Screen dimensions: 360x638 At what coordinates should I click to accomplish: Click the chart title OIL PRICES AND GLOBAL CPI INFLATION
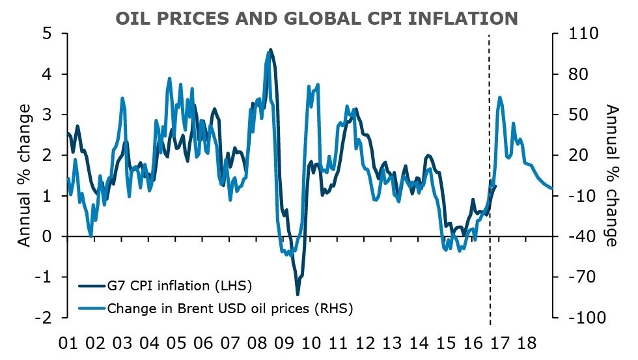pyautogui.click(x=316, y=18)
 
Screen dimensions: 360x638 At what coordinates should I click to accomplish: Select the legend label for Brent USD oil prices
pyautogui.click(x=230, y=308)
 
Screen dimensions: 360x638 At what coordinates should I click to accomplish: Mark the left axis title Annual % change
pyautogui.click(x=24, y=175)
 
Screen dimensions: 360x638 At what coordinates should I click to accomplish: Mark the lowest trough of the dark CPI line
pyautogui.click(x=298, y=294)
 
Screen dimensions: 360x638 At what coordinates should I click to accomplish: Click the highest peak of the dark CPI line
pyautogui.click(x=271, y=49)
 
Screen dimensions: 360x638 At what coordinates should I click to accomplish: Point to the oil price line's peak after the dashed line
pyautogui.click(x=499, y=97)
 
